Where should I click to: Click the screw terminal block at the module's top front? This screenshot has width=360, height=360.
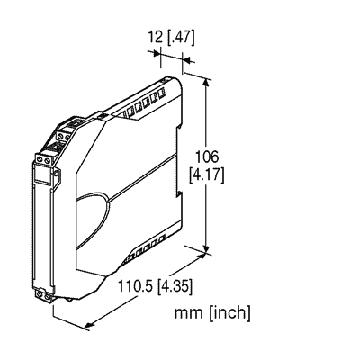click(x=43, y=159)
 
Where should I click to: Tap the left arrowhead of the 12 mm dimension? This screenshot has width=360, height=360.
click(x=158, y=60)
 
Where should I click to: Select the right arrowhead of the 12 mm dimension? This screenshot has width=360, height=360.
click(x=184, y=60)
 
